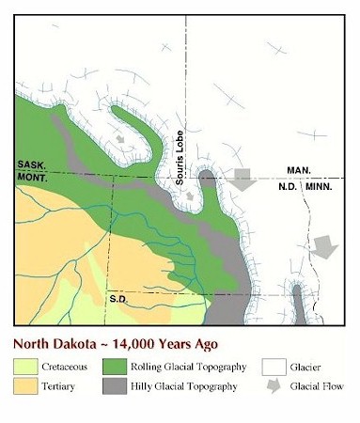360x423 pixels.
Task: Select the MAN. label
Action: (x=300, y=170)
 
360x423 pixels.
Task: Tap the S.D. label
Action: (x=117, y=299)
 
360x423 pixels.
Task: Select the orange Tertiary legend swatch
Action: (x=26, y=385)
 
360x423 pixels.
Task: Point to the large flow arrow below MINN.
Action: (x=324, y=246)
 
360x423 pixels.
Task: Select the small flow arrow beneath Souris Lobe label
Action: (x=190, y=196)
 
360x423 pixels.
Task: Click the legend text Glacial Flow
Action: (x=319, y=385)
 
